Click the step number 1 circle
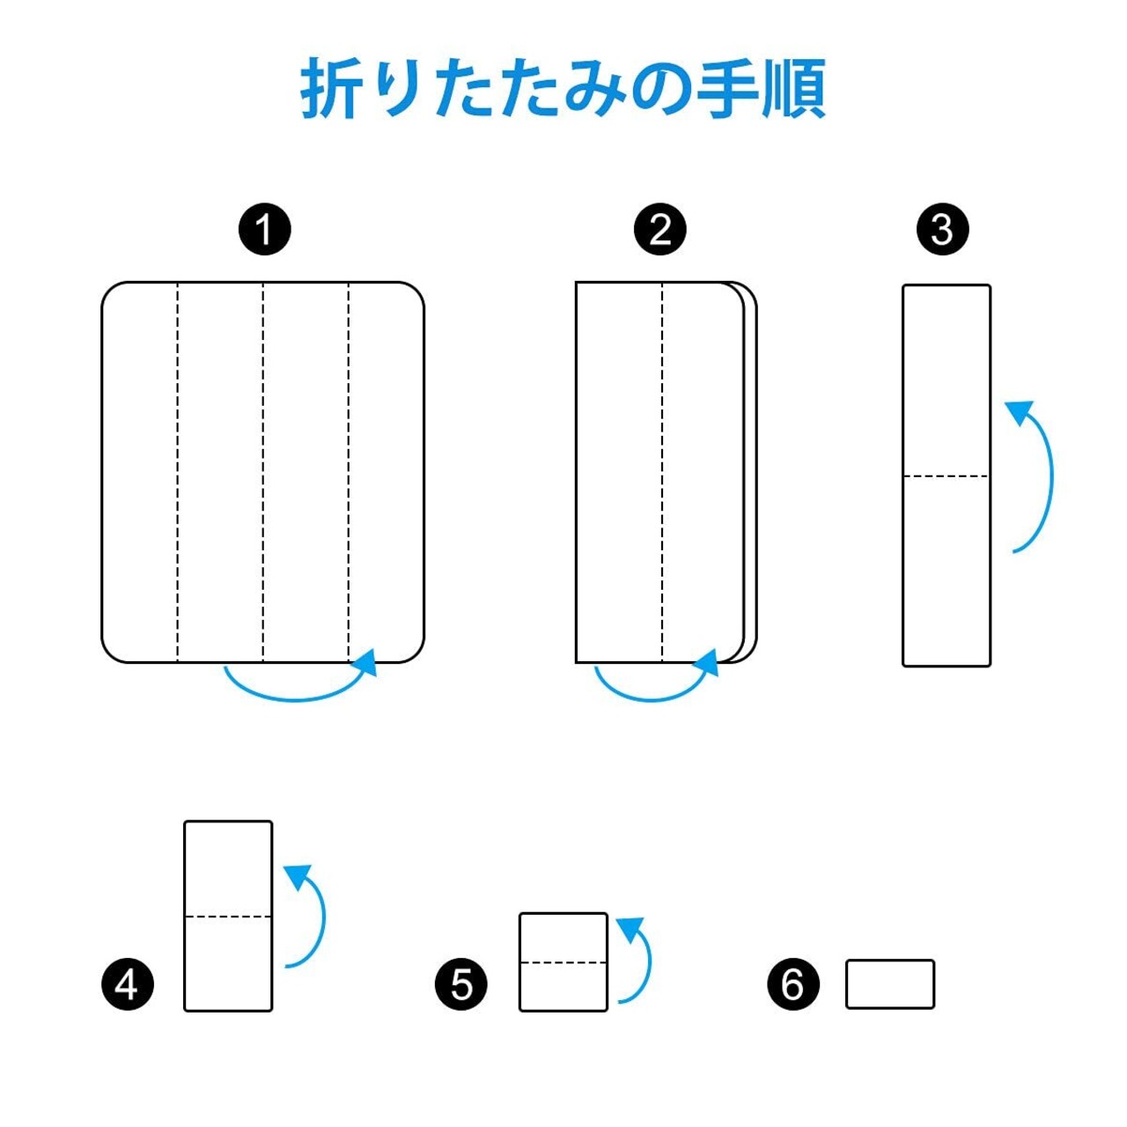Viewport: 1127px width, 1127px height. (x=265, y=229)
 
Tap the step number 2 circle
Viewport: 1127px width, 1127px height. (x=660, y=229)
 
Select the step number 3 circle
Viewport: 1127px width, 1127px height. (x=942, y=229)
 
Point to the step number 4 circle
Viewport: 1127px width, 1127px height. (x=128, y=985)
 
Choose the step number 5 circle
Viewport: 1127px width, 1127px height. (x=461, y=985)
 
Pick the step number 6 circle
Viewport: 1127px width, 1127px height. (x=793, y=985)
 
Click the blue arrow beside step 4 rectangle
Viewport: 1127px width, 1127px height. (x=323, y=918)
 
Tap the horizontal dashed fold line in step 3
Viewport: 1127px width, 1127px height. (x=947, y=476)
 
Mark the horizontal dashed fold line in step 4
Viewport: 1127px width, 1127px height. (x=228, y=917)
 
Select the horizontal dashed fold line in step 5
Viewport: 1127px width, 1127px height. (x=563, y=962)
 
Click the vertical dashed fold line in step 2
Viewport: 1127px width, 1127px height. (x=662, y=473)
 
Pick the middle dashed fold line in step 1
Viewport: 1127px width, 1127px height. (x=262, y=473)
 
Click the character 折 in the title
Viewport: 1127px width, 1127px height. (x=328, y=88)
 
